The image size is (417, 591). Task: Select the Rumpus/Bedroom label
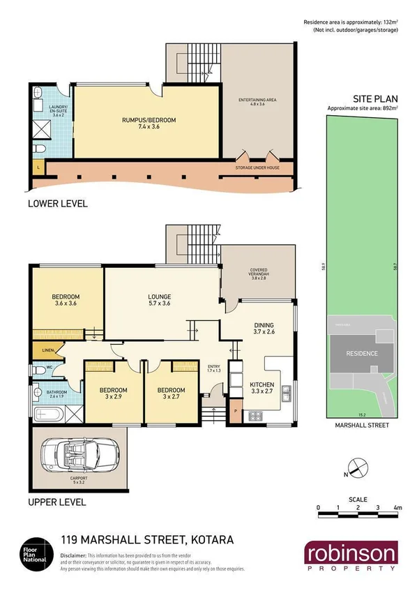149,120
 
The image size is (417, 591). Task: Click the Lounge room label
159,296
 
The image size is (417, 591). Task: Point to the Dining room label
264,325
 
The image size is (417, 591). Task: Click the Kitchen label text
262,384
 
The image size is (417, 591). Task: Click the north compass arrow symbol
354,468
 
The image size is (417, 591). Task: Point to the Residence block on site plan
362,353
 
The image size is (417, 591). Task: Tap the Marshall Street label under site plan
361,424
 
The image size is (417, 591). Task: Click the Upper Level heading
56,502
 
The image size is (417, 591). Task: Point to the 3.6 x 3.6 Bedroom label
66,299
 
